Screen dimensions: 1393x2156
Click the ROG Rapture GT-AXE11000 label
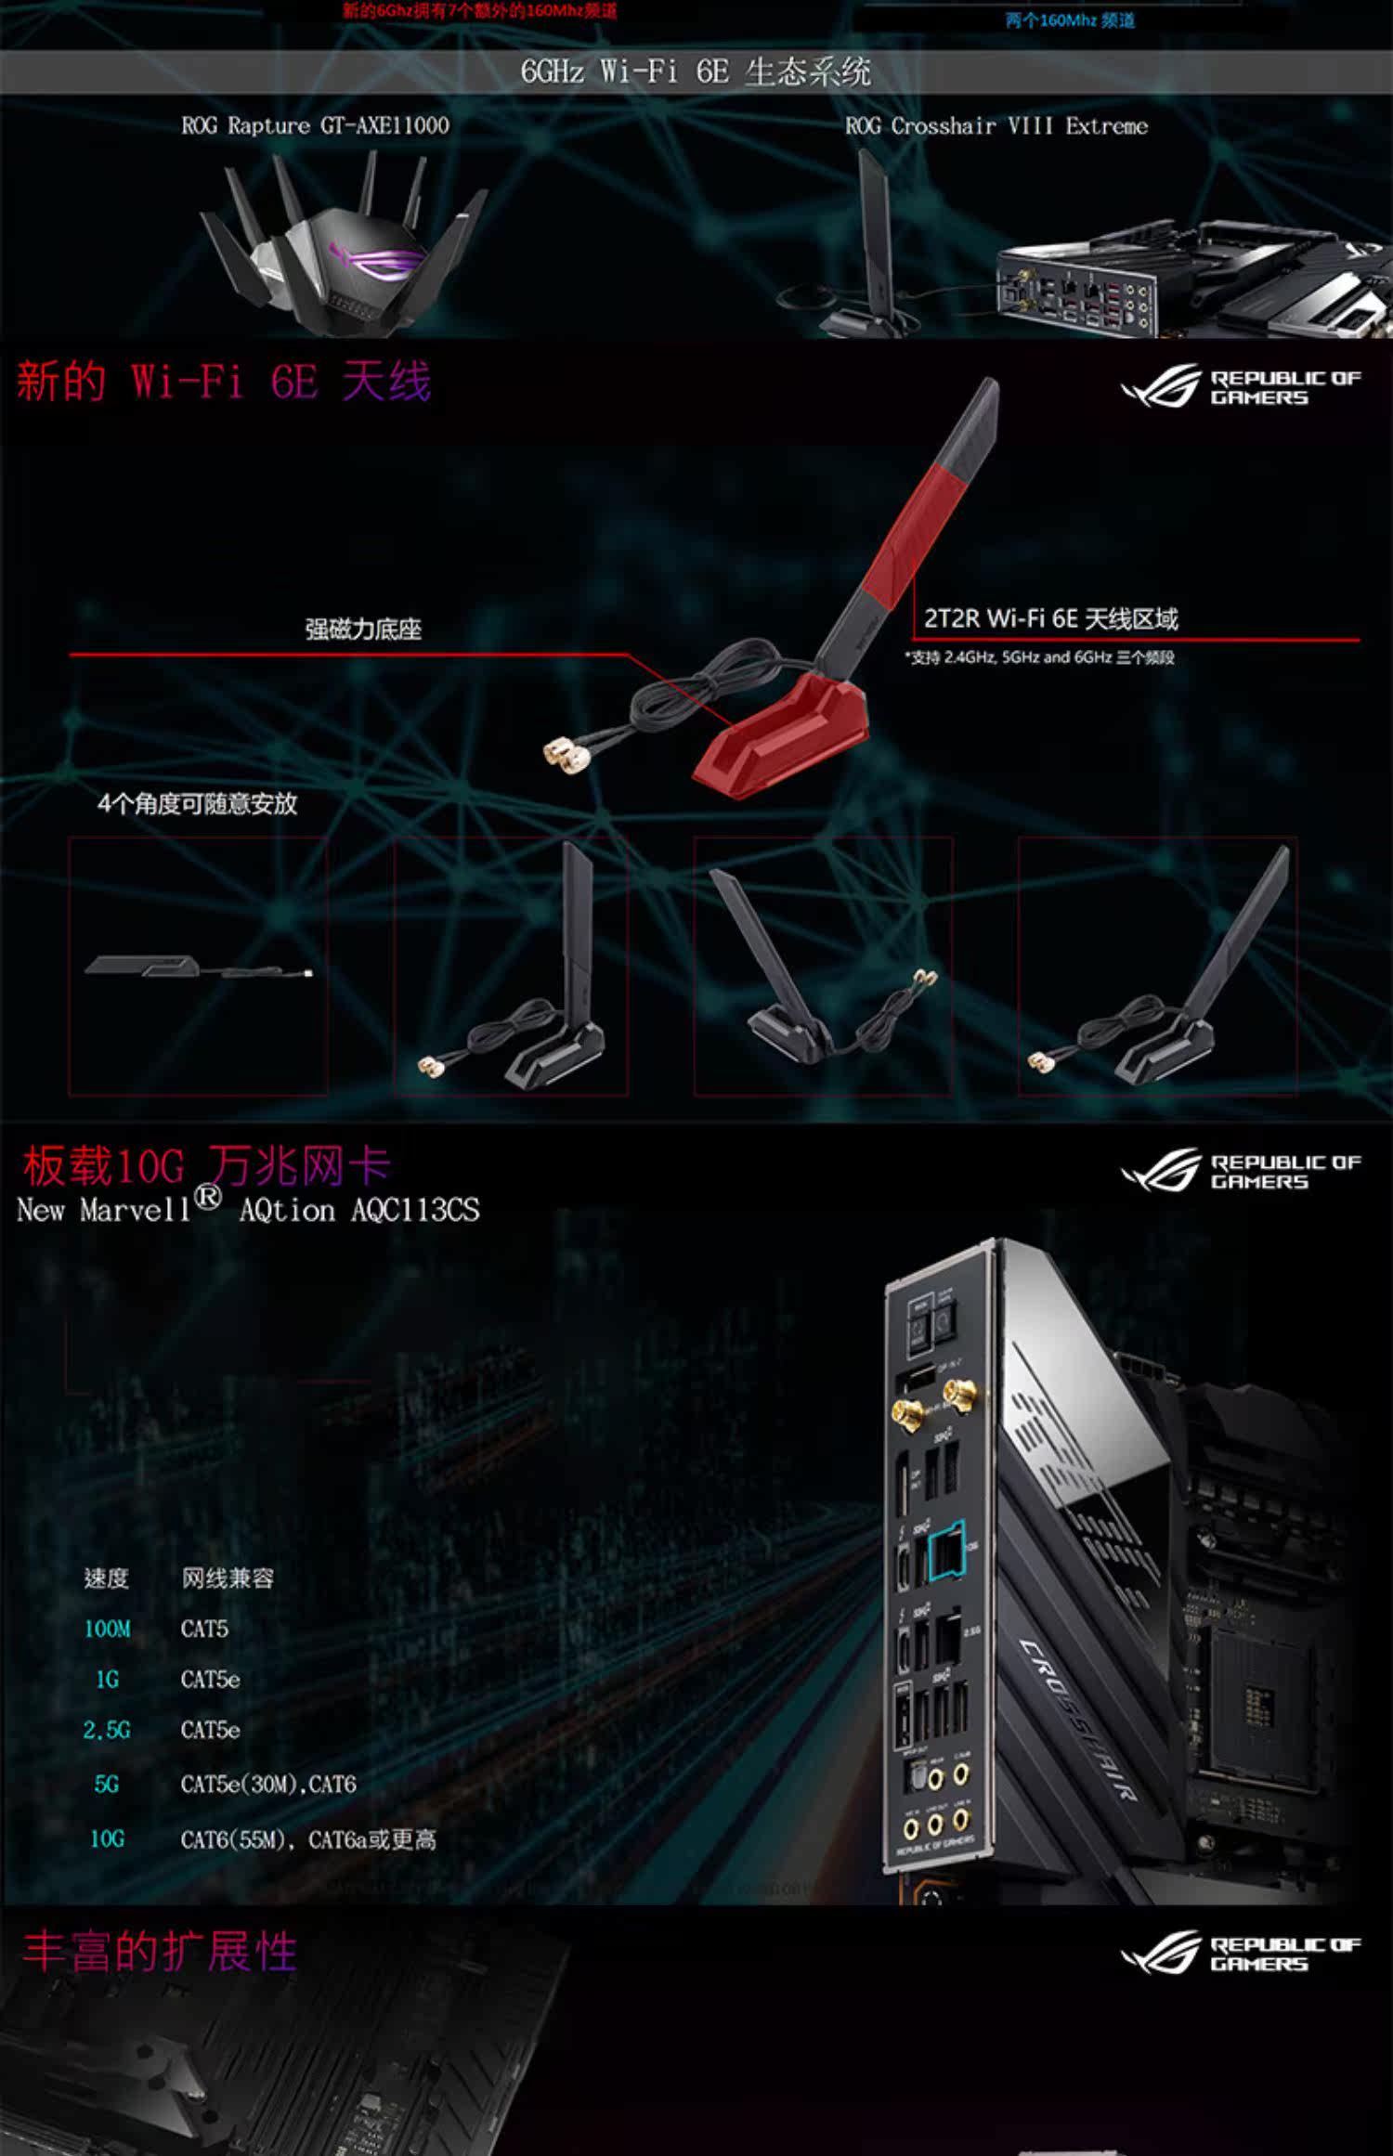tap(315, 125)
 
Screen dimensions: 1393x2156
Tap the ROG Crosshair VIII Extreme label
tap(996, 125)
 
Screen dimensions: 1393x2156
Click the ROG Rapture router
tap(344, 251)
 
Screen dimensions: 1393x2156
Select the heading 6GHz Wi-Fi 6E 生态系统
tap(696, 71)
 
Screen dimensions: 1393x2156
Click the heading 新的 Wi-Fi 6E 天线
tap(224, 382)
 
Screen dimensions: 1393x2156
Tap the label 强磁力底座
tap(363, 630)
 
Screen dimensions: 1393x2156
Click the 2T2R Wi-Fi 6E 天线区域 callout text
tap(1050, 618)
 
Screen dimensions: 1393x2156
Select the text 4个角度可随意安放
tap(198, 803)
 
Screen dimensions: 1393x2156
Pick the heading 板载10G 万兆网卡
tap(206, 1165)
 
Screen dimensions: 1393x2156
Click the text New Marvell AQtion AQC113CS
tap(248, 1210)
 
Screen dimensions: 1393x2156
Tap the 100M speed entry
tap(107, 1629)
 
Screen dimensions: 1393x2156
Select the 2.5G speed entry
tap(107, 1730)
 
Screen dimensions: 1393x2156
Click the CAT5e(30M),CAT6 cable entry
tap(268, 1784)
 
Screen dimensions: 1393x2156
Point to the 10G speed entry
tap(107, 1838)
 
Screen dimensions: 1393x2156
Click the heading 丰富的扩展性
tap(160, 1951)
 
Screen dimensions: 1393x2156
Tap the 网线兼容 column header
tap(228, 1578)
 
